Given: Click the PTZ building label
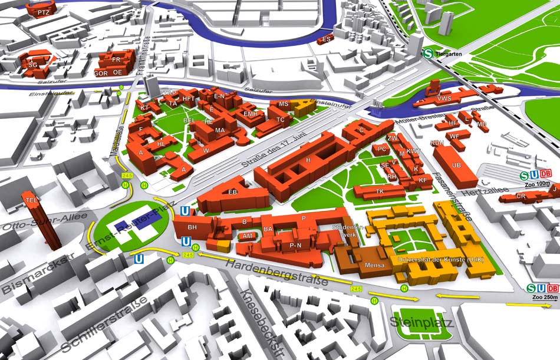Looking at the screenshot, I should click(x=43, y=12).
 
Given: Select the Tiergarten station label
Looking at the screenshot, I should click(x=449, y=54).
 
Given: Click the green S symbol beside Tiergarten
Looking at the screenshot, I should click(x=428, y=53).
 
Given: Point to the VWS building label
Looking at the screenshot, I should click(x=444, y=98).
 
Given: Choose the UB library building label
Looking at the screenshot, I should click(x=456, y=165).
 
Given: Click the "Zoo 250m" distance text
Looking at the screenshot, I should click(x=543, y=298).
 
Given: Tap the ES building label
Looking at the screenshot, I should click(x=327, y=39).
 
